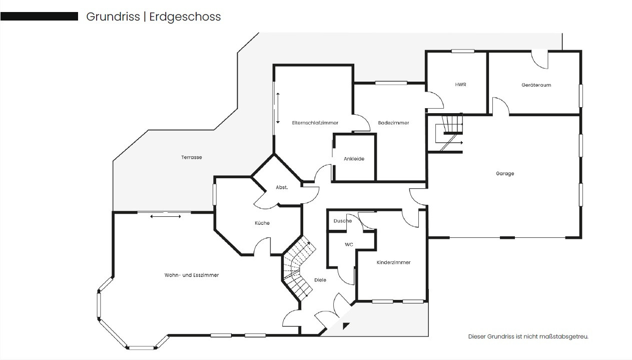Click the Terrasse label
tap(192, 157)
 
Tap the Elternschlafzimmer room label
tap(315, 123)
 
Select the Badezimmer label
tap(393, 123)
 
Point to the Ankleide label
tap(354, 159)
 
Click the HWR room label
tap(460, 85)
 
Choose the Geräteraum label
tap(536, 85)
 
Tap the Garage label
tap(505, 173)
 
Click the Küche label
tap(262, 223)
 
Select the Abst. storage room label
tap(282, 187)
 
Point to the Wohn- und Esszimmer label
tap(192, 275)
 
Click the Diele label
tap(320, 280)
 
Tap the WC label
tap(349, 244)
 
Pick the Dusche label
tap(343, 221)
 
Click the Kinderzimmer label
tap(393, 262)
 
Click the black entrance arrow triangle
tap(345, 326)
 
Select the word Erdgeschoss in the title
tap(185, 17)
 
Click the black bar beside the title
tap(39, 16)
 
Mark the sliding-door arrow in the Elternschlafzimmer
tap(278, 108)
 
